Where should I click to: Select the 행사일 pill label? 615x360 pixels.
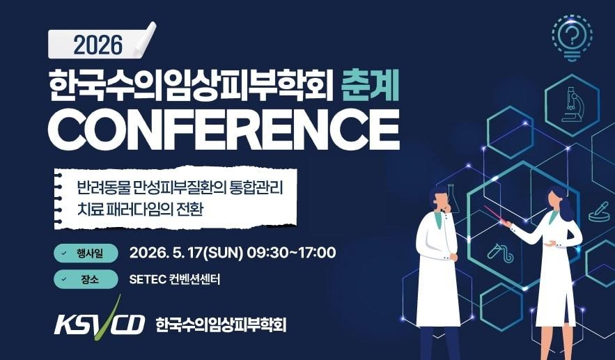pyautogui.click(x=84, y=252)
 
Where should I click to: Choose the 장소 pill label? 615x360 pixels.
pyautogui.click(x=84, y=280)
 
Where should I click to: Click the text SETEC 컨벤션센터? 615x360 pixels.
pyautogui.click(x=175, y=280)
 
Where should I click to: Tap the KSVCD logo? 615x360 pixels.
pyautogui.click(x=98, y=322)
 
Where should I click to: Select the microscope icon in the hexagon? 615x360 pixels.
pyautogui.click(x=571, y=104)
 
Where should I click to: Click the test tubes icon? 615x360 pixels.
pyautogui.click(x=500, y=252)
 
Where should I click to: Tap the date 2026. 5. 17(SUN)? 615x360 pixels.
pyautogui.click(x=185, y=252)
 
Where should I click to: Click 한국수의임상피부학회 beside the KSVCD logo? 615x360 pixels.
pyautogui.click(x=221, y=324)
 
